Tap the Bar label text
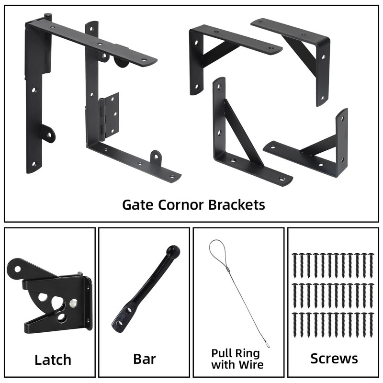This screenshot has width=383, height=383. point(144,359)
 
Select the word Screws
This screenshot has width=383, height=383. point(334,359)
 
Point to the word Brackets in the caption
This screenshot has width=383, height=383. point(236,205)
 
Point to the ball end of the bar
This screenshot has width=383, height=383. point(173,251)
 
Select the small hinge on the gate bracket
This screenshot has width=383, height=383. point(109,115)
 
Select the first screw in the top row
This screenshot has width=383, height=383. point(294,263)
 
